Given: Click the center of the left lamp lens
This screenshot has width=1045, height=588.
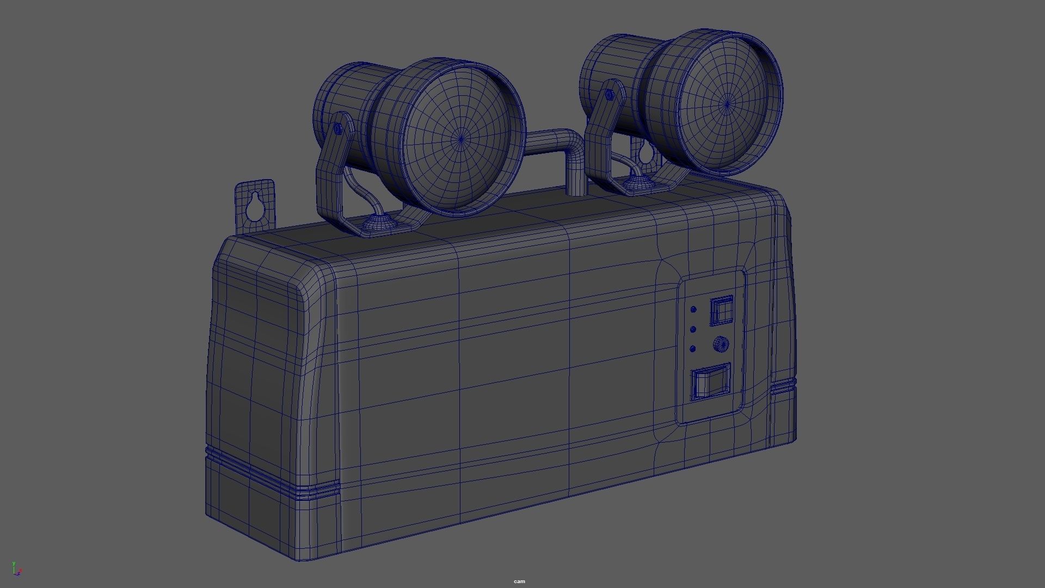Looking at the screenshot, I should point(462,139).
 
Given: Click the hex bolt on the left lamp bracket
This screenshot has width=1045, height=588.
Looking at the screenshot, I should point(338,129).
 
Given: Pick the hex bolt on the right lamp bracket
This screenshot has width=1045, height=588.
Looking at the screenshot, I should point(610,95).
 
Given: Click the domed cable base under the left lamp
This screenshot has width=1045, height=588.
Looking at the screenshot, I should point(377,223).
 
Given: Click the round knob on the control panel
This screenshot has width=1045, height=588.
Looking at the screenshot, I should point(720,344).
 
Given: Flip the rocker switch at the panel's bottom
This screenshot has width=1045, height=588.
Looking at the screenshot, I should point(710,382).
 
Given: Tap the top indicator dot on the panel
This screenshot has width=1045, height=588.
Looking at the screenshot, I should point(693,309).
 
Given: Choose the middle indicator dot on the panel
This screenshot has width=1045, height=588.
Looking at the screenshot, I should point(693,329).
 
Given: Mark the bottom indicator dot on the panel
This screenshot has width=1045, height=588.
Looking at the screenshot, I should point(693,349).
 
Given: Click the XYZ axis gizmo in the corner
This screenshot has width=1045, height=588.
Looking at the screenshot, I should point(16,569).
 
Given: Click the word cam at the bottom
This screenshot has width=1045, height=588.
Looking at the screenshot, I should point(519,581).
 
